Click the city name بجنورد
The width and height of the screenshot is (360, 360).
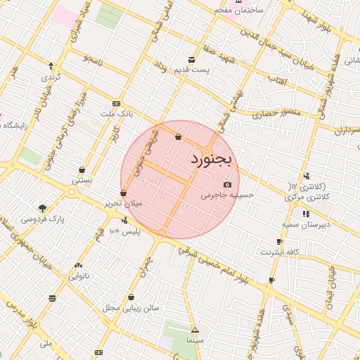pyautogui.click(x=214, y=160)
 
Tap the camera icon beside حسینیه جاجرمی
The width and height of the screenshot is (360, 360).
pyautogui.click(x=227, y=184)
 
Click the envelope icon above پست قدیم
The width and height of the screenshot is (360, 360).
pyautogui.click(x=191, y=60)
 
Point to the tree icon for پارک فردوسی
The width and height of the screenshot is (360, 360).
pyautogui.click(x=43, y=208)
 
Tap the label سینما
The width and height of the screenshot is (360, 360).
pyautogui.click(x=194, y=340)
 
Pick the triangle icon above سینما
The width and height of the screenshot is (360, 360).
pyautogui.click(x=195, y=330)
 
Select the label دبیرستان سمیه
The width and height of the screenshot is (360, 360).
pyautogui.click(x=305, y=225)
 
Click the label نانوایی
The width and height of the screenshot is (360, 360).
pyautogui.click(x=77, y=276)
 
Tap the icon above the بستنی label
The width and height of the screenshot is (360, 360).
pyautogui.click(x=82, y=169)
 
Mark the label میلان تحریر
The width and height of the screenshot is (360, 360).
pyautogui.click(x=123, y=202)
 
